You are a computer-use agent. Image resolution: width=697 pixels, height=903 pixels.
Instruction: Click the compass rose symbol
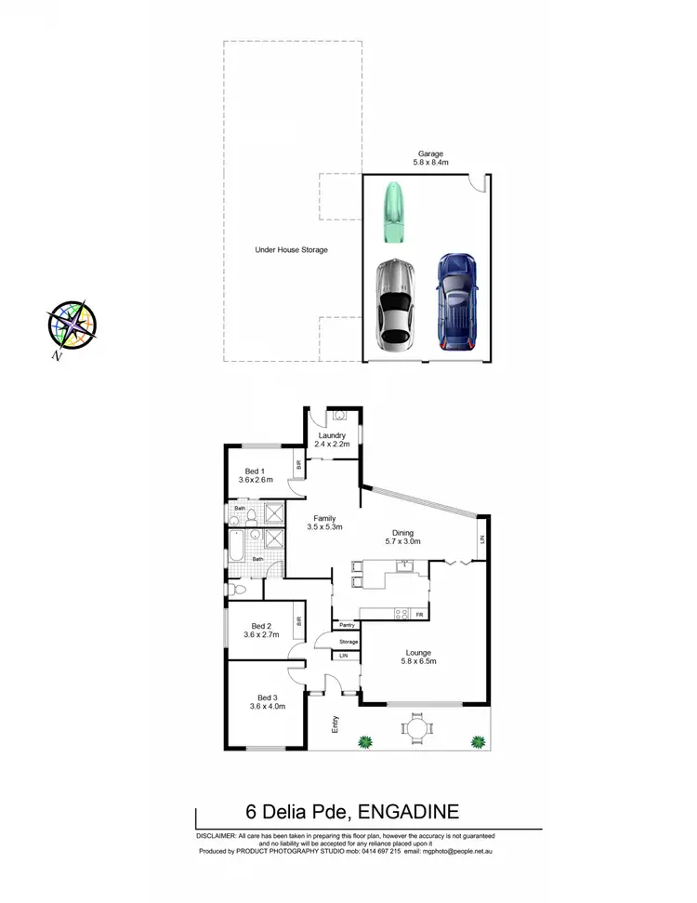(72, 325)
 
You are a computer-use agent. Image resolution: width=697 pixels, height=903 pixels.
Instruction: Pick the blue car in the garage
(456, 300)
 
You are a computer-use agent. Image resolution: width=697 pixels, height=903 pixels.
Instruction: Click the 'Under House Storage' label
(292, 249)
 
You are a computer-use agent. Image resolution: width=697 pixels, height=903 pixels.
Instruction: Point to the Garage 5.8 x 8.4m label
(430, 158)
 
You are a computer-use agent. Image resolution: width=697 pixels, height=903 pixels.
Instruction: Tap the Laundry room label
(332, 440)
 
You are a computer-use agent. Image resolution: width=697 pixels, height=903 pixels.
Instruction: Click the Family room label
(324, 523)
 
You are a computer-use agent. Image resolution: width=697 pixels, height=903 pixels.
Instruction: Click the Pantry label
(348, 625)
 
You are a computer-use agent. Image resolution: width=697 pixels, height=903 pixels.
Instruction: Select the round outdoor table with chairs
(417, 726)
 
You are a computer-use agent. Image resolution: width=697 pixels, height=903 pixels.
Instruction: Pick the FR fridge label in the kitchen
(420, 615)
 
